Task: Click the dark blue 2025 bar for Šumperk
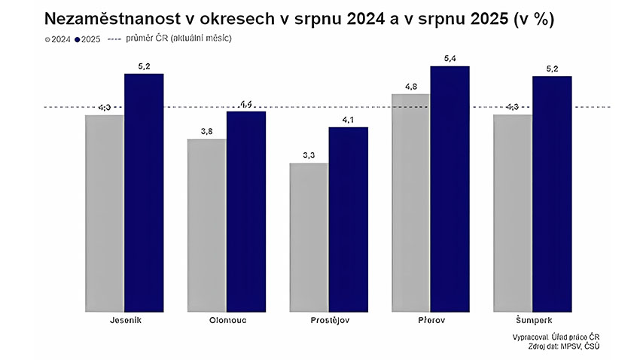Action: (552, 191)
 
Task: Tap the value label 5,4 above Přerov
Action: (450, 59)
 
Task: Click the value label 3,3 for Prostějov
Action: (309, 155)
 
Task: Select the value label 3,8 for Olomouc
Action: (206, 132)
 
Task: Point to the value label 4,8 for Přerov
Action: (411, 87)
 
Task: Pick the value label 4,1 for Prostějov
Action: (349, 119)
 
